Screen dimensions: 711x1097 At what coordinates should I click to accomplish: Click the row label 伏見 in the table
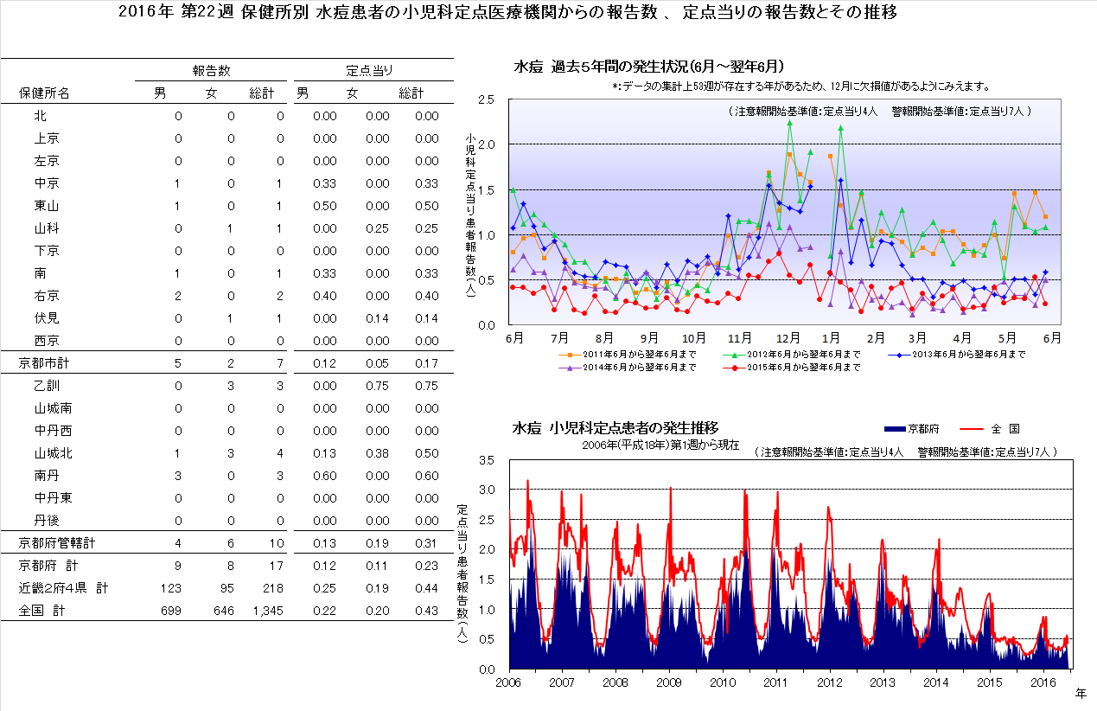47,318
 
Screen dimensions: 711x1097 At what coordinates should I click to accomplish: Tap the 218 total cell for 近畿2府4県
272,588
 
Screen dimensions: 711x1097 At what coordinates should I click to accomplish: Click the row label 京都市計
45,363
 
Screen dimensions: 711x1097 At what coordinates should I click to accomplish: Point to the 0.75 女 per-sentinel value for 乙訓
377,386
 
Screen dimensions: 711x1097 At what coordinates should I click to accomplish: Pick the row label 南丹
47,476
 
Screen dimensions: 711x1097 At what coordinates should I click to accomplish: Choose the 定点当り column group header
370,69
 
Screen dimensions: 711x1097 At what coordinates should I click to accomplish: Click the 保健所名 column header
44,93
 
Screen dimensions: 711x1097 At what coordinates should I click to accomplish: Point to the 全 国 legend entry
1006,428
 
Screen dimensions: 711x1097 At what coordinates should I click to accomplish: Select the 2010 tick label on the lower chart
723,682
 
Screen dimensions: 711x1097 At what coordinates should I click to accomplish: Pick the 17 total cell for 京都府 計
277,566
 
